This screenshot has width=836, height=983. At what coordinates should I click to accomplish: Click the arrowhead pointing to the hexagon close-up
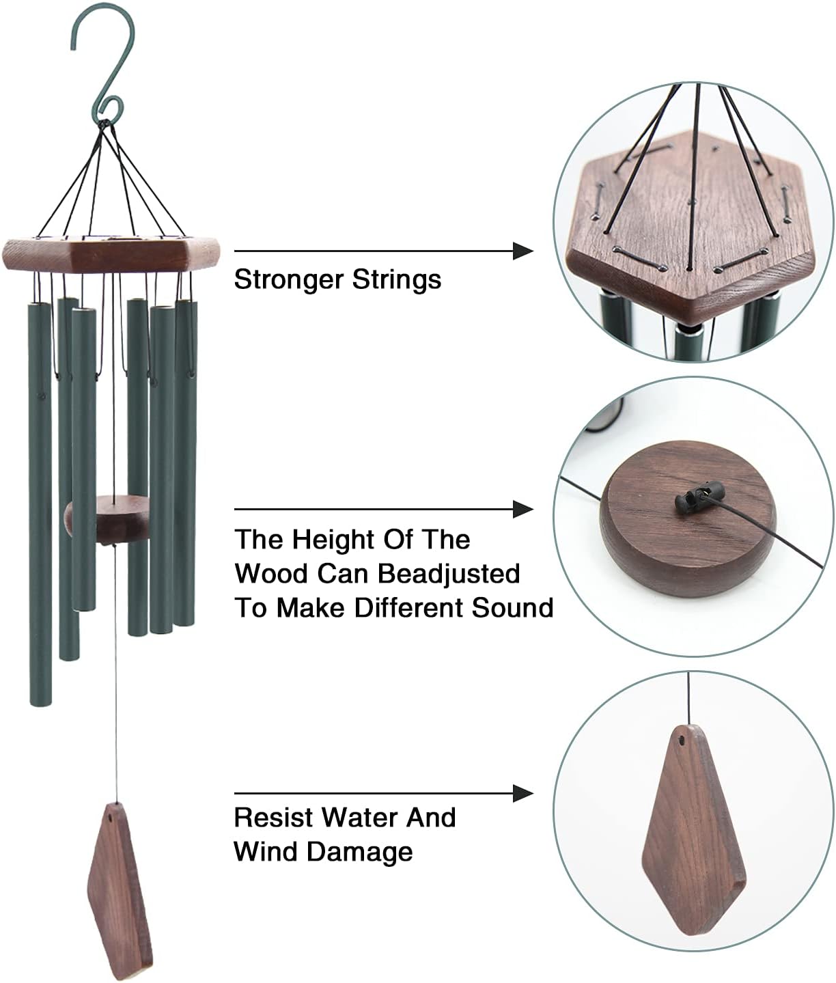pyautogui.click(x=523, y=251)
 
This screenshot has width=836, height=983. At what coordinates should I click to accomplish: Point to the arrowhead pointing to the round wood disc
pyautogui.click(x=523, y=509)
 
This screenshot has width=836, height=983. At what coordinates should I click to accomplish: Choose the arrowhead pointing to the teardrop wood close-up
pyautogui.click(x=523, y=793)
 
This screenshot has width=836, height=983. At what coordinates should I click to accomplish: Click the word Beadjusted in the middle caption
pyautogui.click(x=448, y=573)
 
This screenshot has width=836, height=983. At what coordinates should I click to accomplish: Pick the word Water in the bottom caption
pyautogui.click(x=360, y=818)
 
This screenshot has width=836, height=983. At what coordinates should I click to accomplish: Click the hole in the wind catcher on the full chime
pyautogui.click(x=112, y=816)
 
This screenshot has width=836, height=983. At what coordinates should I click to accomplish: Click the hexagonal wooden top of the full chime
pyautogui.click(x=113, y=254)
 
